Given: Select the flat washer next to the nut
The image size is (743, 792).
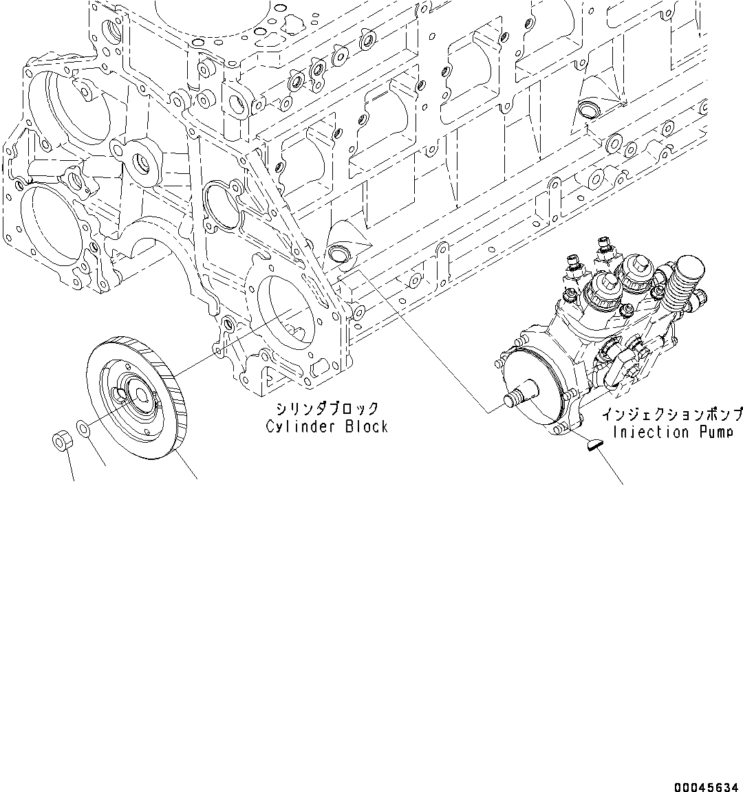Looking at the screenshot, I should point(82,429).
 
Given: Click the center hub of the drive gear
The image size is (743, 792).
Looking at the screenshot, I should point(142,395).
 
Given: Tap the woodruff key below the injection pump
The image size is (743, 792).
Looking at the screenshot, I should point(592,446).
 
